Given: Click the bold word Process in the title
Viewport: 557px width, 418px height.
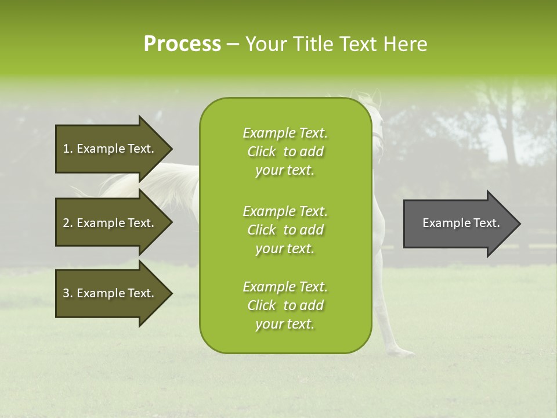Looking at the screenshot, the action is coord(182,44).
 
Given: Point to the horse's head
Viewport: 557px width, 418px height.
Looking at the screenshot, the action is coord(376,125).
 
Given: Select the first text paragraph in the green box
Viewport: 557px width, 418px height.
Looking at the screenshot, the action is coord(285,152).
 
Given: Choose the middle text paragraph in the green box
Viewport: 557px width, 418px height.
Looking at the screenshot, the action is coord(285,229).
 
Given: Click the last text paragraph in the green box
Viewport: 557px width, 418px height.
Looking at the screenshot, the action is coord(285,305).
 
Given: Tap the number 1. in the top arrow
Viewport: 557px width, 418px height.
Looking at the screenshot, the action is coord(68,149).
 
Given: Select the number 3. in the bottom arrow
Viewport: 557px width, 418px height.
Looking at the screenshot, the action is coord(68,293).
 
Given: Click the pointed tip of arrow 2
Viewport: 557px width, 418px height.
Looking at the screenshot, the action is coord(171,223).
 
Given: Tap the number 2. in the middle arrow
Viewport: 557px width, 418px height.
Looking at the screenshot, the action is coord(68,223).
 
